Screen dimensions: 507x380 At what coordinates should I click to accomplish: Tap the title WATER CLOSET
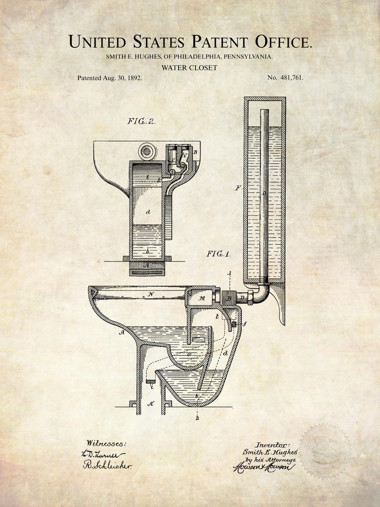point(189,68)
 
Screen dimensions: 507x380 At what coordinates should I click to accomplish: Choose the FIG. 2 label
point(141,121)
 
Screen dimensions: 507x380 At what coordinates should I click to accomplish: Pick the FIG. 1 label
point(218,254)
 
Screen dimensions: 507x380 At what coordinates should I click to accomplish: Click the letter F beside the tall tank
point(238,188)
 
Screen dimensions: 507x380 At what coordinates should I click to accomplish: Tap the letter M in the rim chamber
point(201,299)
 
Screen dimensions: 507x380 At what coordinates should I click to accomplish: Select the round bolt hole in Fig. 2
point(147,151)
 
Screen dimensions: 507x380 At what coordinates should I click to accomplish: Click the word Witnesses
point(106,444)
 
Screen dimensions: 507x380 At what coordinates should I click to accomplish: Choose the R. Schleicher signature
point(108,465)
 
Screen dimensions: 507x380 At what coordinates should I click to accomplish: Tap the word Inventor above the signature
point(273,445)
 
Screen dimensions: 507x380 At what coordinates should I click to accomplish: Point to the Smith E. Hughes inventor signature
point(270,452)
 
